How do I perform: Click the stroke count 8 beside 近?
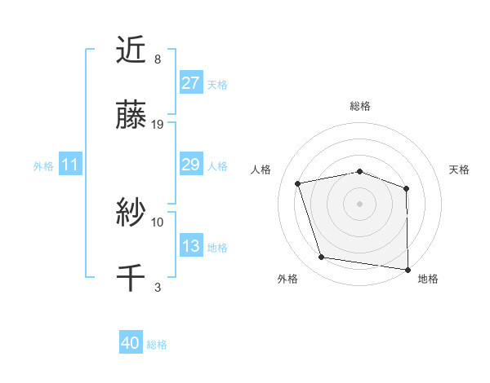(x=157, y=59)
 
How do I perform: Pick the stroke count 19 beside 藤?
(x=158, y=124)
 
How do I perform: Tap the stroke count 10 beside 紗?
(x=158, y=222)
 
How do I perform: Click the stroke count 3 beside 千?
(x=157, y=286)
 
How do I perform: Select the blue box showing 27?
(x=190, y=83)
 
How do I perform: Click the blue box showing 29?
(x=190, y=165)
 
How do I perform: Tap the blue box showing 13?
(x=190, y=246)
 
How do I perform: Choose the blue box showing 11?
(x=70, y=165)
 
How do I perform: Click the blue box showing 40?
(x=131, y=344)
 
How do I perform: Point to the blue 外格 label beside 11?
(x=43, y=165)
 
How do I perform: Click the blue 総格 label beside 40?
(x=157, y=345)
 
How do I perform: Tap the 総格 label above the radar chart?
(x=360, y=106)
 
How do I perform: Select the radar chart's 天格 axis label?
(x=459, y=169)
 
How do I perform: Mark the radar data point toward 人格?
(x=298, y=183)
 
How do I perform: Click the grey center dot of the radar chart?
(x=359, y=203)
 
